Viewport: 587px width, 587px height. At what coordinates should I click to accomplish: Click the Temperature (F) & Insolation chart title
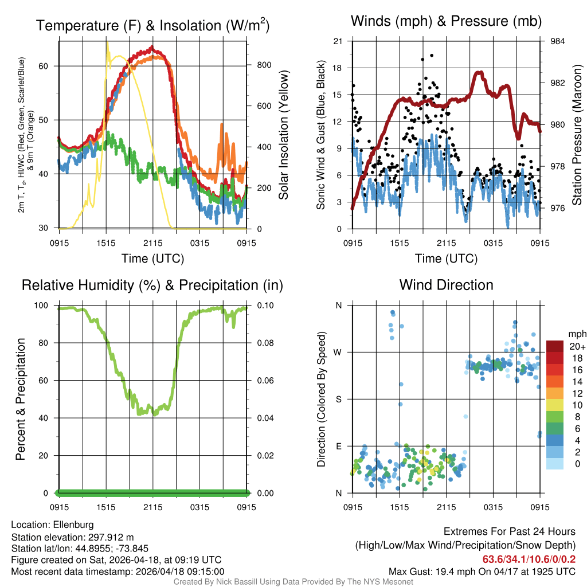click(152, 25)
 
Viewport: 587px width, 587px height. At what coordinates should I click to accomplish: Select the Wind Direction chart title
click(446, 285)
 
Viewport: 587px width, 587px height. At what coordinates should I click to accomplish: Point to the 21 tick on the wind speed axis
click(338, 41)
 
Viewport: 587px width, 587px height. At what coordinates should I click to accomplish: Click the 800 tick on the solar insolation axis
click(264, 65)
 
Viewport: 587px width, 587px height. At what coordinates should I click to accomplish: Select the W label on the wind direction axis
click(338, 353)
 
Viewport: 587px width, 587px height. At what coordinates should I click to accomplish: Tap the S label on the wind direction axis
click(338, 400)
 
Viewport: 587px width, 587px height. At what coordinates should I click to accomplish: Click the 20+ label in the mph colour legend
click(577, 347)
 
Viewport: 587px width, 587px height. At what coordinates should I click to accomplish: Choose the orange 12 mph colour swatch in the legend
click(555, 393)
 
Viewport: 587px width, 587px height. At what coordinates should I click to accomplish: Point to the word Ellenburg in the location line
click(73, 525)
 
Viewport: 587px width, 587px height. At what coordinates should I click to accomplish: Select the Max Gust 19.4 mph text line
click(482, 571)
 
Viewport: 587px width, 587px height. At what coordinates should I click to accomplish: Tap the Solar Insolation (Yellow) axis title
click(283, 135)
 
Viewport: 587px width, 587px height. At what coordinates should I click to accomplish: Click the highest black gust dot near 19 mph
click(432, 56)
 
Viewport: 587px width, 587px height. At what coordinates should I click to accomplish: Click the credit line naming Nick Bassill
click(293, 582)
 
